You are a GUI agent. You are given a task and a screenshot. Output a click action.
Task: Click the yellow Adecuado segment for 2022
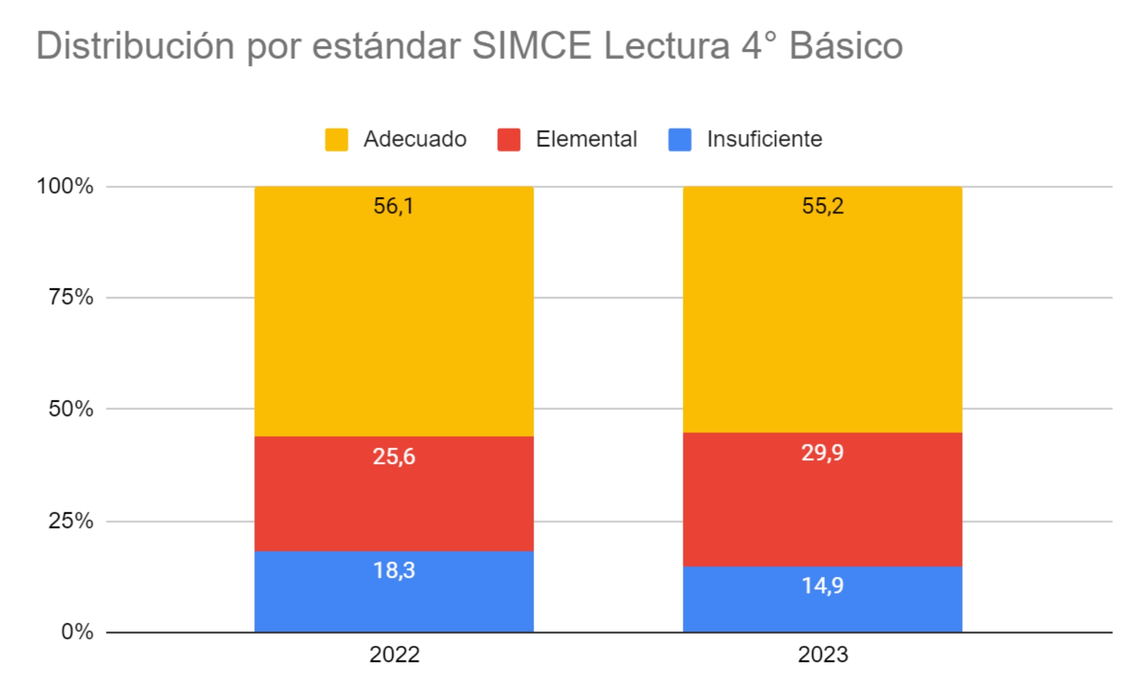(x=394, y=322)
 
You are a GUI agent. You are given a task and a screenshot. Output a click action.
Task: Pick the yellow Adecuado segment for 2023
(x=822, y=322)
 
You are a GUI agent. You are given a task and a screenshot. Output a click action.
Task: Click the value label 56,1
(x=394, y=206)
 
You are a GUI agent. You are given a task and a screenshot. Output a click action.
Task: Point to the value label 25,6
(x=394, y=457)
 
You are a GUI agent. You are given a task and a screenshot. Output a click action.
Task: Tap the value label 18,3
(x=394, y=570)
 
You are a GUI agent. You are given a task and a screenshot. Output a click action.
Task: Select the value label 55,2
(x=822, y=206)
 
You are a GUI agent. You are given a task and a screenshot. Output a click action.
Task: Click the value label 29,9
(x=822, y=453)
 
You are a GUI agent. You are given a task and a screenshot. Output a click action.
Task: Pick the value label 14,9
(x=822, y=585)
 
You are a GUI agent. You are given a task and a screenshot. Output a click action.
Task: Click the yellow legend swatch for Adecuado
(x=336, y=140)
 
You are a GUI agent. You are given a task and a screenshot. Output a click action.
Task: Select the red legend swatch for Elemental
(x=508, y=140)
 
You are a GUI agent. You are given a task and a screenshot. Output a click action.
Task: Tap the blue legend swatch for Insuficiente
(x=680, y=140)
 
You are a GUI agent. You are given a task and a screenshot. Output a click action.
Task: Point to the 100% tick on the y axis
(x=65, y=186)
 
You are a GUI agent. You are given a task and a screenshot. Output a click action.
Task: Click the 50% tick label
(x=71, y=409)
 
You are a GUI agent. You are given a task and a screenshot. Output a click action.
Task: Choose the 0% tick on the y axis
(x=77, y=632)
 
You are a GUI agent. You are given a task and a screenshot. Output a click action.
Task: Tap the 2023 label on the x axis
(x=822, y=655)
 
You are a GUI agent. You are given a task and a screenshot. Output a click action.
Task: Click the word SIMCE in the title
(x=531, y=46)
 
